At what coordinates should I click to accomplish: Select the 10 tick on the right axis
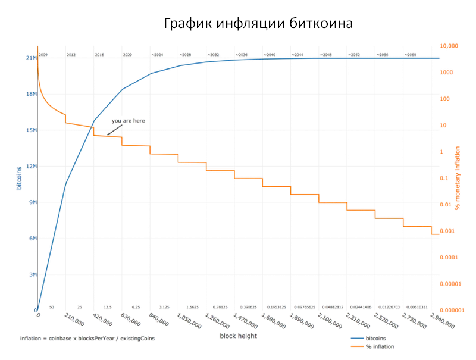pyautogui.click(x=443, y=126)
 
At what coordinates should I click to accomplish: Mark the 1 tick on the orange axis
pyautogui.click(x=441, y=152)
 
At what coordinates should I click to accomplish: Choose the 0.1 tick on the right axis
pyautogui.click(x=443, y=178)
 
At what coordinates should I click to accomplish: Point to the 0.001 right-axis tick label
pyautogui.click(x=447, y=230)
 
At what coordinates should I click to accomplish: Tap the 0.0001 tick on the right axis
pyautogui.click(x=448, y=256)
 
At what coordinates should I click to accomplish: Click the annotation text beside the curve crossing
pyautogui.click(x=127, y=121)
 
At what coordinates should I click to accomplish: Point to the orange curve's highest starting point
pyautogui.click(x=37, y=46)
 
